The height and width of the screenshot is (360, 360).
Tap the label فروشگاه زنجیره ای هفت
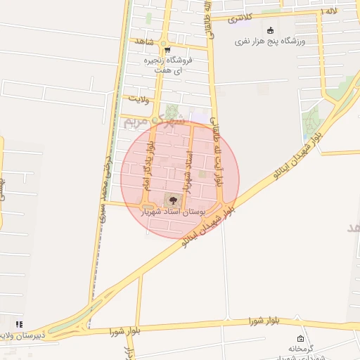point(167,65)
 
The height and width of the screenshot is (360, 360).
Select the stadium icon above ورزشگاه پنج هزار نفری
point(271,30)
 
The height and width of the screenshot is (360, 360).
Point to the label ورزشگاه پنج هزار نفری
point(271,41)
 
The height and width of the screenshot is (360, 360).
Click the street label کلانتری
point(241,17)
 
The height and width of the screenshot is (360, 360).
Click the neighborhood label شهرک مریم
point(154,121)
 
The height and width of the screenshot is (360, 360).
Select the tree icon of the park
point(173,200)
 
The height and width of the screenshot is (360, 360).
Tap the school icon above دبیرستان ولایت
point(19,324)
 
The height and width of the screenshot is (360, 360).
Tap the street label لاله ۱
point(329,12)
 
